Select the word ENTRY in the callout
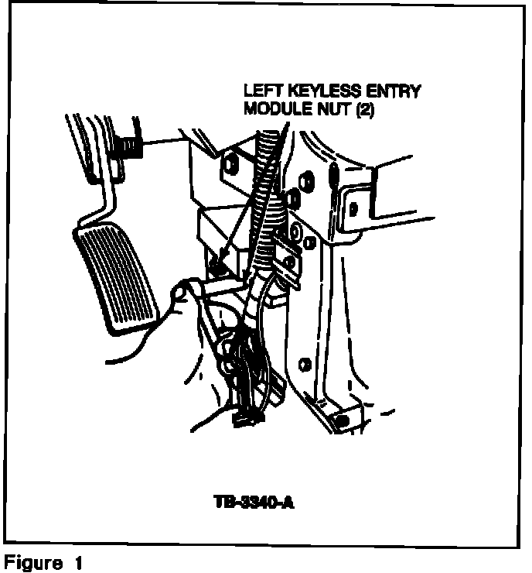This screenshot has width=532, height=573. (394, 92)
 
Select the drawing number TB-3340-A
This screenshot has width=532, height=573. (254, 504)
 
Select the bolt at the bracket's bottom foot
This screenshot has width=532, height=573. (341, 420)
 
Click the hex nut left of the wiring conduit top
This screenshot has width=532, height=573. (230, 164)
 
